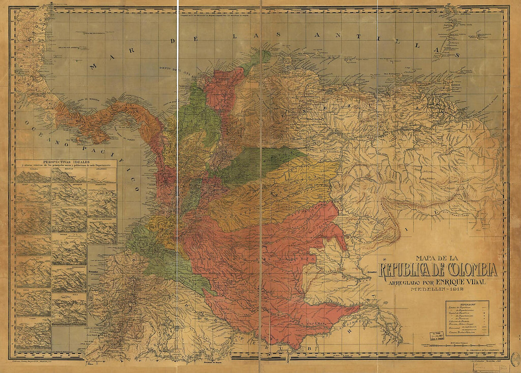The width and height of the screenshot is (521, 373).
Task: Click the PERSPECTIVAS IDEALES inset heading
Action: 66,162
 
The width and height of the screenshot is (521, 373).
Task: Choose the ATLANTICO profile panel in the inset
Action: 102,175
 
